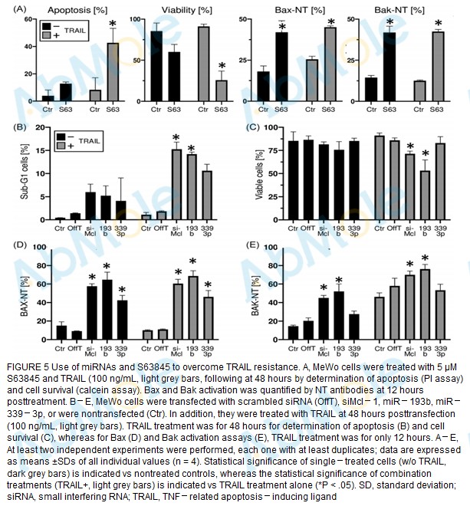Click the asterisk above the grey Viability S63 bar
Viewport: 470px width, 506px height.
pos(221,66)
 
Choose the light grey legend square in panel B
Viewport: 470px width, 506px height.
pos(62,145)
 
